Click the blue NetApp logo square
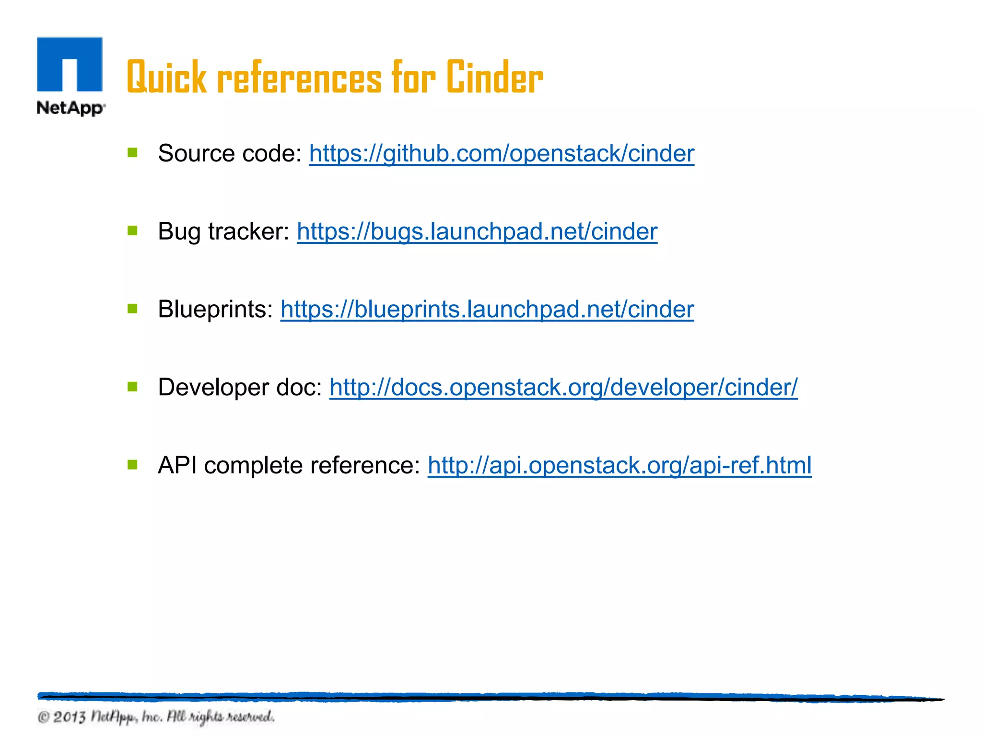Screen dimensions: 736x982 (x=70, y=64)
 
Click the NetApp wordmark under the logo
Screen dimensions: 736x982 (x=70, y=108)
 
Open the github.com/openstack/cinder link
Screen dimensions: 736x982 (x=502, y=154)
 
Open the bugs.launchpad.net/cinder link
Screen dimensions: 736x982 (x=477, y=232)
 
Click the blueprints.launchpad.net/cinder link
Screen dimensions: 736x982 (x=487, y=310)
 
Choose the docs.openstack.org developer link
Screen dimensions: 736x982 (x=563, y=387)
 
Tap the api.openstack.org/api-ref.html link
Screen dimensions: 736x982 (x=620, y=465)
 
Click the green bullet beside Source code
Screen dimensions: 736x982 (x=133, y=153)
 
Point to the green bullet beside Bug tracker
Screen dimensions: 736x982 (x=133, y=231)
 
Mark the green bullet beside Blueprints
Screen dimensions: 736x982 (x=133, y=309)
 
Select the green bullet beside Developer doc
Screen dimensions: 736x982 (x=133, y=386)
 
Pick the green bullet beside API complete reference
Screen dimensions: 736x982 (x=133, y=464)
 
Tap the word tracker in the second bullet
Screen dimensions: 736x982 (x=248, y=232)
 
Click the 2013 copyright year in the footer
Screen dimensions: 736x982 (x=70, y=717)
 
